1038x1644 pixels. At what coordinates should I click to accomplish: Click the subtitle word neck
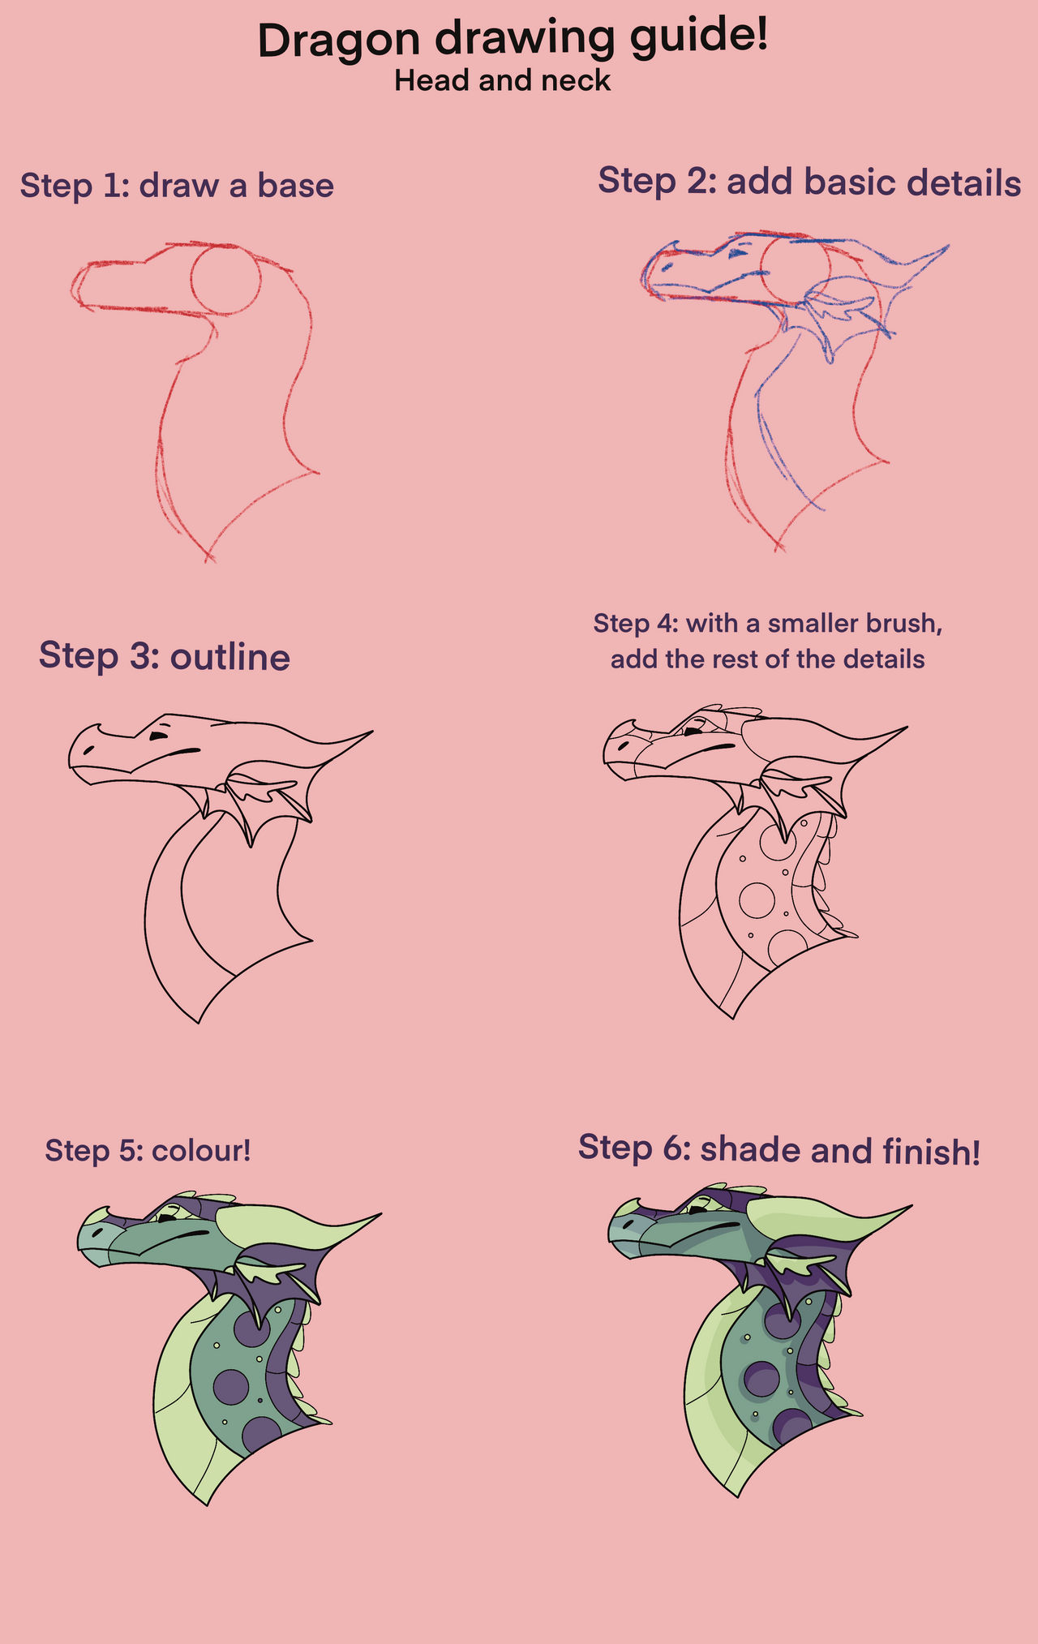(x=576, y=80)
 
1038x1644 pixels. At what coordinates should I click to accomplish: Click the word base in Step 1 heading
(x=295, y=185)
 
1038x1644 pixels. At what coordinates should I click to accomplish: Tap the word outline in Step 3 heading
(x=229, y=656)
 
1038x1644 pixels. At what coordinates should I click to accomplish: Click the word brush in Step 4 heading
(x=901, y=623)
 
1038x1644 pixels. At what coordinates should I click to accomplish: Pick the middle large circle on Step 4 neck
(x=757, y=899)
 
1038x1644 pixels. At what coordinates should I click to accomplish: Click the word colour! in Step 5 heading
(x=200, y=1150)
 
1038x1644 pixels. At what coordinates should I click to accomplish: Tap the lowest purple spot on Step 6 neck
(x=793, y=1425)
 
